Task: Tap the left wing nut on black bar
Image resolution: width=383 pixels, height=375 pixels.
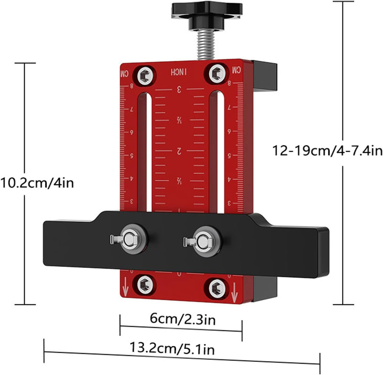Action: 128,239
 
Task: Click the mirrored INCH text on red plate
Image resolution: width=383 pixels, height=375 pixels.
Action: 179,72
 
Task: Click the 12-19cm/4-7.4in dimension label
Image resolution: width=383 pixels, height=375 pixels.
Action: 327,151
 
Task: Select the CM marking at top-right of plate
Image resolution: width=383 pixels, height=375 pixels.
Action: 236,70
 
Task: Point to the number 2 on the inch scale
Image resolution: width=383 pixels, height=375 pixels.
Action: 179,151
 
